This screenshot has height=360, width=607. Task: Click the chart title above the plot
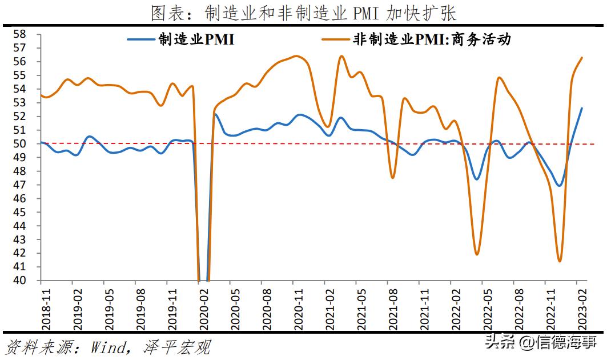coord(303,12)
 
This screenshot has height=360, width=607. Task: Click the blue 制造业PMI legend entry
coord(180,40)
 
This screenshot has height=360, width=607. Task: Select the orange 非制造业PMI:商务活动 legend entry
coord(416,40)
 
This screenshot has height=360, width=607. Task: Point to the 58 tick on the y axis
coord(20,34)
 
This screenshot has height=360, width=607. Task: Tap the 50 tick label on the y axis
coord(20,144)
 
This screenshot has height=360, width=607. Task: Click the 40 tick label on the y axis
coord(20,281)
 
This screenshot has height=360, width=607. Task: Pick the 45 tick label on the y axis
coord(20,212)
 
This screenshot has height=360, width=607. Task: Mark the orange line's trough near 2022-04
coord(477,254)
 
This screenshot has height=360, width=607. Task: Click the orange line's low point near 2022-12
coord(560,261)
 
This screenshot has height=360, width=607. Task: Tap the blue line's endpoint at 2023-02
coord(582,108)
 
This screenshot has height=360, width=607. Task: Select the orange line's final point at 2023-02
coord(582,57)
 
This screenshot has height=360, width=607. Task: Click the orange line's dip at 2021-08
coord(393,178)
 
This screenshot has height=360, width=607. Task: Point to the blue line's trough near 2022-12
coord(559,186)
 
